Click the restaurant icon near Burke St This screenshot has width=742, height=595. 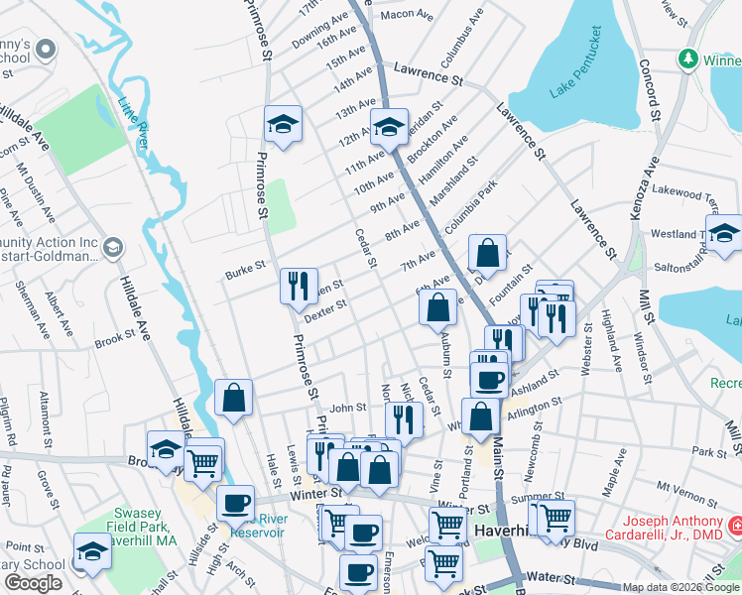pyautogui.click(x=299, y=288)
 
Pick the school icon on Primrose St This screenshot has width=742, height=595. pyautogui.click(x=283, y=125)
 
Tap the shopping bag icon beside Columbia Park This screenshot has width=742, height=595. pyautogui.click(x=488, y=253)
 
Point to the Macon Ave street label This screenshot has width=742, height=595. pyautogui.click(x=407, y=15)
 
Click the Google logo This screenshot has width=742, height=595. pyautogui.click(x=33, y=583)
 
